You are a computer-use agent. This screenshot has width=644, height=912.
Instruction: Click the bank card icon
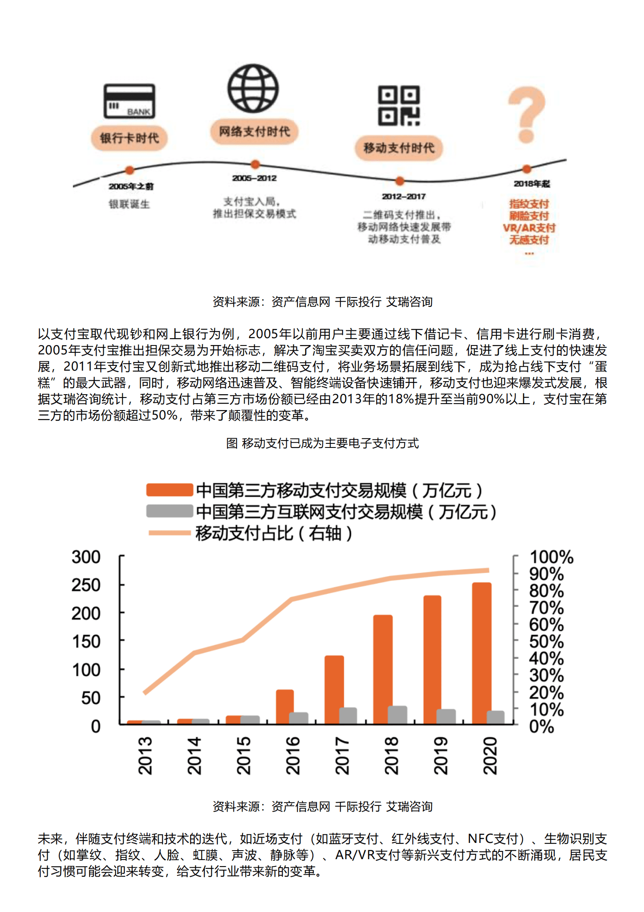pos(129,101)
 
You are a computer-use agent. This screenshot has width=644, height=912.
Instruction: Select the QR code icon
pos(399,105)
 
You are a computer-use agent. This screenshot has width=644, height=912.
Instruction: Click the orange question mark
pos(527,115)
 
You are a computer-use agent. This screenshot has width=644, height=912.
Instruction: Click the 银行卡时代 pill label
pos(129,138)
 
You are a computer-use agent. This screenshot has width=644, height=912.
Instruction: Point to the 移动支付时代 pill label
pos(399,148)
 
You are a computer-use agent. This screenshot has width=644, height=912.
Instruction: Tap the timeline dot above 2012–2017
pos(400,181)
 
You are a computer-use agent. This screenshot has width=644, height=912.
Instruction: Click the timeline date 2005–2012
pos(254,178)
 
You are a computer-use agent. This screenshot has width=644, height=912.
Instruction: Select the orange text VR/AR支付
pos(529,228)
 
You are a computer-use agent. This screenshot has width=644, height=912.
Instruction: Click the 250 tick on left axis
pos(86,585)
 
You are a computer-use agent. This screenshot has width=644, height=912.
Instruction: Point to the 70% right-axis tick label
pos(546,608)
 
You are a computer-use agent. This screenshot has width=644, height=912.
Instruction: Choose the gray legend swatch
pos(169,511)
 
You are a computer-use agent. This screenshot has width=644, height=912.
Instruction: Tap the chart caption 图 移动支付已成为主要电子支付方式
pos(322,443)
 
